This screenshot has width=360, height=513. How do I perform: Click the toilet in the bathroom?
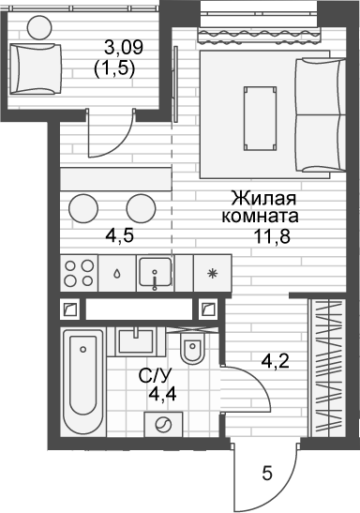pyautogui.click(x=192, y=348)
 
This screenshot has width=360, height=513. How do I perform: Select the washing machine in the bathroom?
pyautogui.click(x=163, y=425)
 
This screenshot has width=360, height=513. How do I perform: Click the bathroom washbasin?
pyautogui.click(x=135, y=341)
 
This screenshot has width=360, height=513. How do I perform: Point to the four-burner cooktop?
pyautogui.click(x=79, y=273)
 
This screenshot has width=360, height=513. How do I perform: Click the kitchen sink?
pyautogui.click(x=156, y=273)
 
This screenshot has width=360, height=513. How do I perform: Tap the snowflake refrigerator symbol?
pyautogui.click(x=213, y=274)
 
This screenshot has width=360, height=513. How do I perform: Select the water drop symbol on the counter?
pyautogui.click(x=117, y=274)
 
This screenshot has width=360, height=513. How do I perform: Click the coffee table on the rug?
pyautogui.click(x=260, y=118)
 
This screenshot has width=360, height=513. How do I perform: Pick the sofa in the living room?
pyautogui.click(x=321, y=115)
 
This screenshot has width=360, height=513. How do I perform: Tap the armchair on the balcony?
pyautogui.click(x=36, y=69)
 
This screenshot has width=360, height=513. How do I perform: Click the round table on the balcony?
pyautogui.click(x=39, y=28)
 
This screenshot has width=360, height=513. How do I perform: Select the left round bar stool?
pyautogui.click(x=83, y=209)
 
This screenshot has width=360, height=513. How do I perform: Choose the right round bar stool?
pyautogui.click(x=142, y=209)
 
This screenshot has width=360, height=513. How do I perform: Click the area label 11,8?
pyautogui.click(x=272, y=236)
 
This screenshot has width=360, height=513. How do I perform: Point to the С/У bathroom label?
pyautogui.click(x=155, y=376)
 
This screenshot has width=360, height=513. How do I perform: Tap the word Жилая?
pyautogui.click(x=263, y=199)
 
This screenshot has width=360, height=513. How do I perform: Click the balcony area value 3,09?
pyautogui.click(x=124, y=48)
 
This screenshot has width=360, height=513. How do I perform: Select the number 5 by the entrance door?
pyautogui.click(x=267, y=474)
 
